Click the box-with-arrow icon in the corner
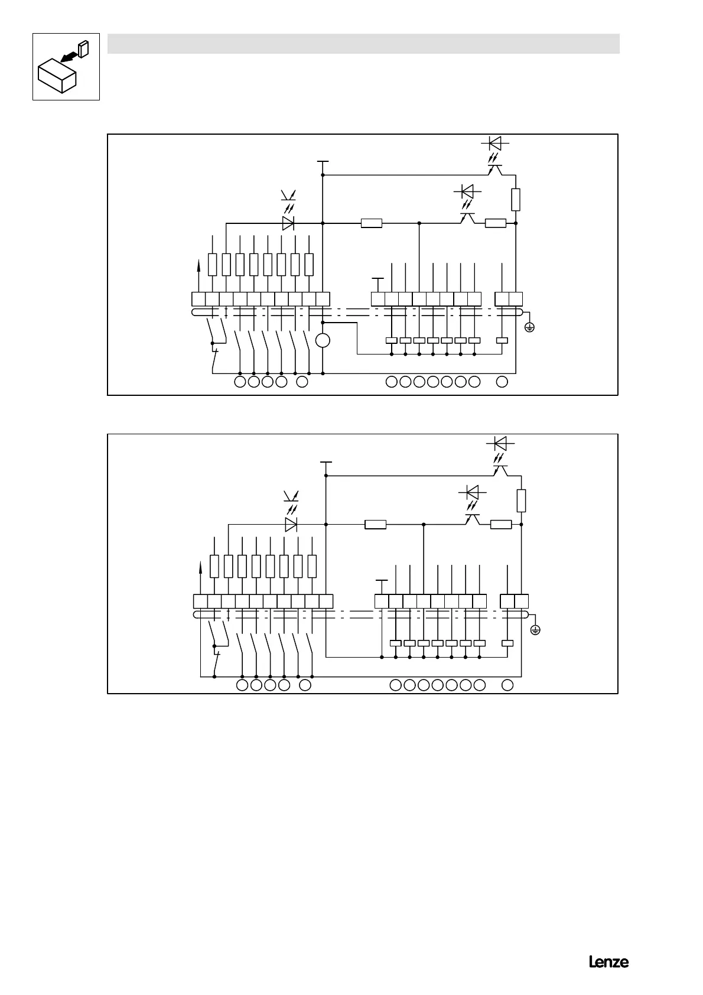66,67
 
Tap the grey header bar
363,44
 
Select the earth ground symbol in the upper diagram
529,326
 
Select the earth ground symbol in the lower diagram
535,630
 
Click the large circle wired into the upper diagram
323,340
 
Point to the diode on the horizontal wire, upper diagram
288,223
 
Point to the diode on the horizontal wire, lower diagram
291,524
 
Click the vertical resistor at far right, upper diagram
516,199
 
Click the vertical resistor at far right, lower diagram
521,500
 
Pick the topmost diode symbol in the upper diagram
495,143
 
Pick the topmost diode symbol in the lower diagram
500,443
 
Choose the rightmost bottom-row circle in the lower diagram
507,685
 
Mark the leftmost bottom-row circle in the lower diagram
242,685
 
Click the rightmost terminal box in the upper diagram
516,299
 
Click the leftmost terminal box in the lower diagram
201,601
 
